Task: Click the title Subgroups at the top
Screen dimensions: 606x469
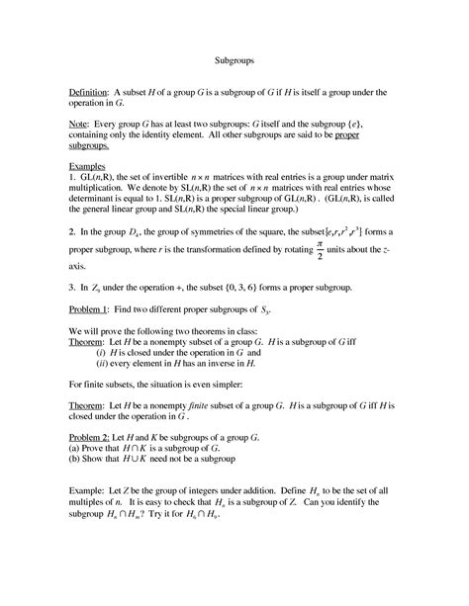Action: tap(234, 60)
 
